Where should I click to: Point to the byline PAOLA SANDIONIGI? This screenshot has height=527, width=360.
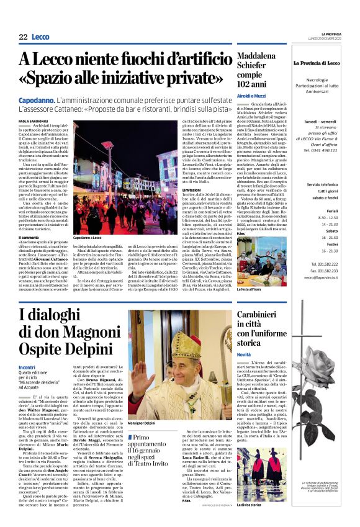(33, 122)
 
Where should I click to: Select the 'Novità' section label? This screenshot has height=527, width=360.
(244, 354)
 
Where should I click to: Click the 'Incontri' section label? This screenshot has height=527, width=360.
(27, 367)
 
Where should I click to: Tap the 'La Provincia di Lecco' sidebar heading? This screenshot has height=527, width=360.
(322, 63)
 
